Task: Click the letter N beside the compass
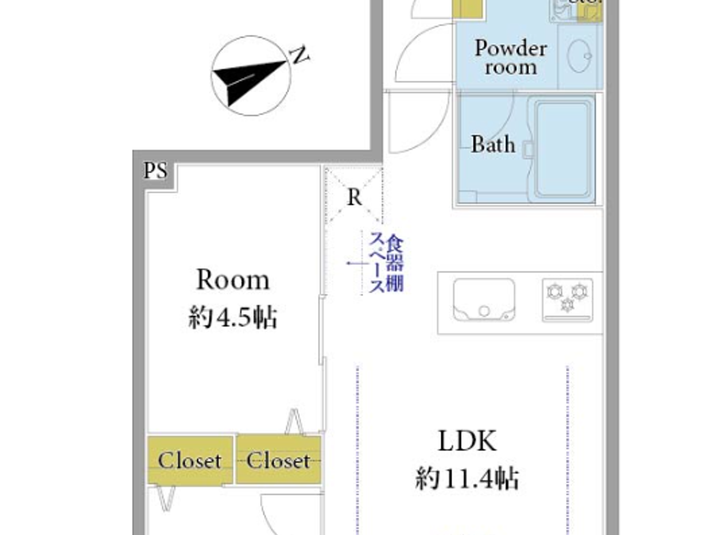click(300, 55)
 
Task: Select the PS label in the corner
click(155, 171)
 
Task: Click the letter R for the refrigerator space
click(354, 197)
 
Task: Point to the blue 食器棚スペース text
click(386, 263)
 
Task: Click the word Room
click(233, 280)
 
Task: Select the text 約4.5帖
click(233, 318)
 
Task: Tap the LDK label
click(467, 441)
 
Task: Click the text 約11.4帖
click(467, 479)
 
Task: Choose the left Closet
click(189, 461)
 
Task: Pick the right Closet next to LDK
click(279, 461)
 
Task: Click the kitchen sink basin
click(484, 300)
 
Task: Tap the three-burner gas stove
click(567, 300)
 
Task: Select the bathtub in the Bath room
click(564, 149)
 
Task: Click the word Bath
click(492, 145)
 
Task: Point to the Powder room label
click(511, 57)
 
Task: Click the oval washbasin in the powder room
click(579, 56)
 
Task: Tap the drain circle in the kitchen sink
click(484, 311)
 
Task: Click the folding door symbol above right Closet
click(294, 422)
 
